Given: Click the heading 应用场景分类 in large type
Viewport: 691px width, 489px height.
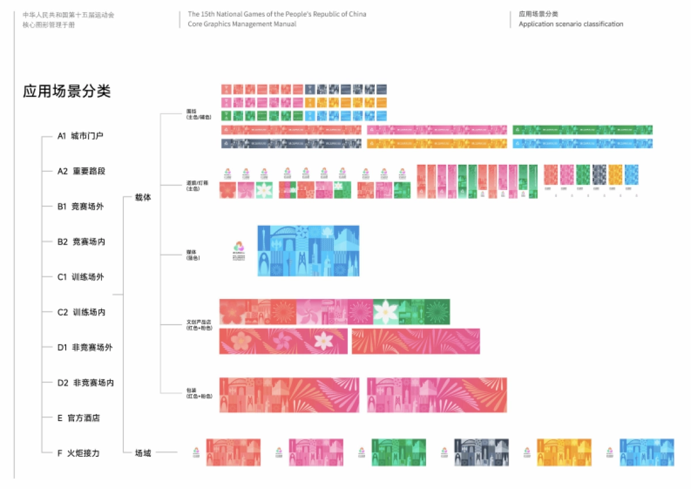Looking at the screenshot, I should [67, 92].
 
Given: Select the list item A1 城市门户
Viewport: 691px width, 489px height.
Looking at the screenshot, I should [81, 137].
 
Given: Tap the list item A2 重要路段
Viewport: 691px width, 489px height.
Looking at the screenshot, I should [81, 172].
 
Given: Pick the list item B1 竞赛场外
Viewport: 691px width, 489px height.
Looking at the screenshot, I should [81, 207].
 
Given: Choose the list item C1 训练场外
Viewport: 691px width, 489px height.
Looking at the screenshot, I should [81, 277].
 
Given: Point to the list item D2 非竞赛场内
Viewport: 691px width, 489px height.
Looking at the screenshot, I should [85, 382].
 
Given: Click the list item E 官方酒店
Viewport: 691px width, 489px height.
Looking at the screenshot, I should [78, 418].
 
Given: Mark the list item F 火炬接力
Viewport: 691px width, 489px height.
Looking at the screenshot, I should [78, 453].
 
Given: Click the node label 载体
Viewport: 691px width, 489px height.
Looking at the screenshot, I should [143, 198].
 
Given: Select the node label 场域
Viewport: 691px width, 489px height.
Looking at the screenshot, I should [143, 453].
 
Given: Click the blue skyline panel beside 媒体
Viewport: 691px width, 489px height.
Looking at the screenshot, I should [308, 251].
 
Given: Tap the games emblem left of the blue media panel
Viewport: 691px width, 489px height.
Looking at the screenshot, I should [238, 251].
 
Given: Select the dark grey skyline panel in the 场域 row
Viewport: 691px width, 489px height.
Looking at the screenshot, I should [481, 452].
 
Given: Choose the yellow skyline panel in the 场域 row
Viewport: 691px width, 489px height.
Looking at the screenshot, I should [564, 452].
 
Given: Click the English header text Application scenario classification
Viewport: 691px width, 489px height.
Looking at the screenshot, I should [571, 24].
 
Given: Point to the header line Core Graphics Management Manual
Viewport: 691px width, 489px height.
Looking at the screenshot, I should [242, 24].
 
